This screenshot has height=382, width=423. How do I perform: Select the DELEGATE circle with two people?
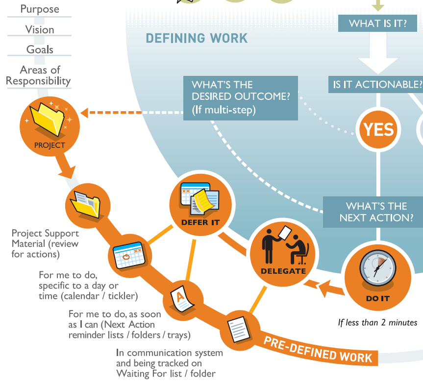pos(283,254)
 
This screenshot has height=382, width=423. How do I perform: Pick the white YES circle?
pos(378,129)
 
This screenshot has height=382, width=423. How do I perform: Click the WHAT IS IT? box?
pos(377,23)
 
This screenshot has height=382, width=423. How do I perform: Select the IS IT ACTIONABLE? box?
pos(376,84)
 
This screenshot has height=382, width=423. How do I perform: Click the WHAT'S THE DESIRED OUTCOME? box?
pos(240,97)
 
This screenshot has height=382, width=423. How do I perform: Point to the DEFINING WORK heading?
pos(197,38)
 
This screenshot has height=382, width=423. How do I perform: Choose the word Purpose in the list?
pos(40,9)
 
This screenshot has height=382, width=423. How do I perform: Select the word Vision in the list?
pos(40,29)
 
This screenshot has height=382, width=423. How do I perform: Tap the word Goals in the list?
pos(40,49)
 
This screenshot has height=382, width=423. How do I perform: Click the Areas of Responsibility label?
pos(39,75)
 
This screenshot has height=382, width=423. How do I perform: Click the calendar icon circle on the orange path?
pos(127,254)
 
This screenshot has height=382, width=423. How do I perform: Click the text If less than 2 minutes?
pos(377,322)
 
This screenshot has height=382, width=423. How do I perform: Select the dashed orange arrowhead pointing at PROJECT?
pos(85,113)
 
